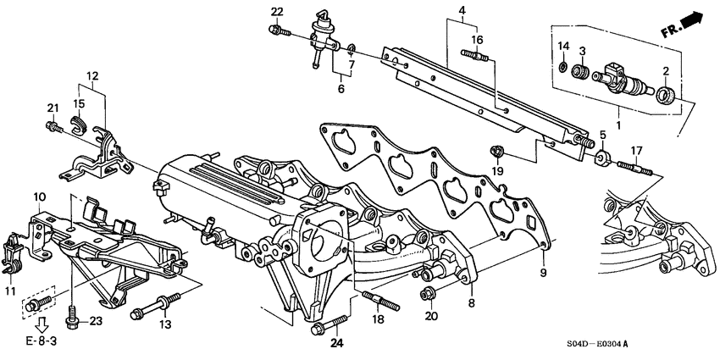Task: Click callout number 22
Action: pyautogui.click(x=277, y=11)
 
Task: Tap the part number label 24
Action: pyautogui.click(x=339, y=345)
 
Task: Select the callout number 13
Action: pyautogui.click(x=165, y=325)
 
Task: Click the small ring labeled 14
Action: pyautogui.click(x=563, y=65)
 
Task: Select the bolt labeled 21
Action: pyautogui.click(x=53, y=127)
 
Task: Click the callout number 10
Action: pyautogui.click(x=39, y=197)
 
